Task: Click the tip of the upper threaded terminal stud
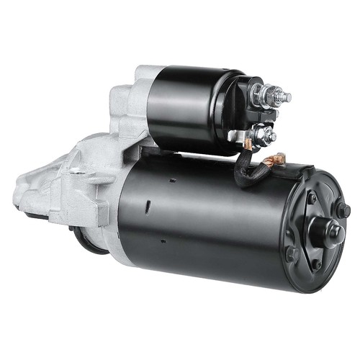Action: coord(289,96)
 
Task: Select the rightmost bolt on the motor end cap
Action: coord(346,210)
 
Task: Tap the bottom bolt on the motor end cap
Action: coord(316,265)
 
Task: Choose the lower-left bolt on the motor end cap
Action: coord(290,253)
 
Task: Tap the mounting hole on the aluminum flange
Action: coord(73,171)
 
